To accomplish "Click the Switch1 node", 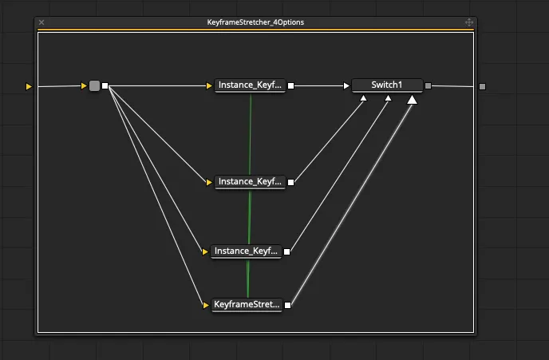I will click(387, 85).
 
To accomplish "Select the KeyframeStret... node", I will click(247, 304).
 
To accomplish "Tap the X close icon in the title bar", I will click(41, 22).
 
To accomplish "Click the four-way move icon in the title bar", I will click(469, 22).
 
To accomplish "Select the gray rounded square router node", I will click(94, 85).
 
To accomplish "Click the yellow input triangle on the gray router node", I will click(84, 85).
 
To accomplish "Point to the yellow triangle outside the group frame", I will click(30, 85).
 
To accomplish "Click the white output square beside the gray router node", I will click(105, 85).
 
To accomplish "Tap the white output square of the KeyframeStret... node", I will click(288, 304).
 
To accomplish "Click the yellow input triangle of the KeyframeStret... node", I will click(205, 304).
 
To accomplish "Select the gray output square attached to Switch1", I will click(429, 85).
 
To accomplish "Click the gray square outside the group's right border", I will click(482, 85).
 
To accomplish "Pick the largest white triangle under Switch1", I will click(413, 100).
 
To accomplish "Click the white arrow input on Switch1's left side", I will click(346, 85).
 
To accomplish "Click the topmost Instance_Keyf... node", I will click(250, 85).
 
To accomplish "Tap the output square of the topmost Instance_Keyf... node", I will click(291, 85).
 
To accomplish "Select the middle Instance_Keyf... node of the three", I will click(250, 181).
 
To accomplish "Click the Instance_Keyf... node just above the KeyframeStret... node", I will click(247, 251).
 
